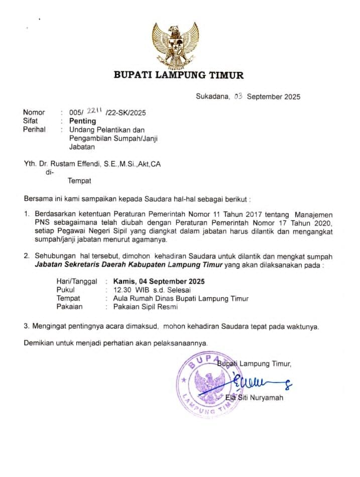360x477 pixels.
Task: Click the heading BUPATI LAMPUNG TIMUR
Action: click(x=179, y=76)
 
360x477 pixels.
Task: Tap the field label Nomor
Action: click(x=34, y=112)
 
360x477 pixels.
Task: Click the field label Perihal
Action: click(x=35, y=130)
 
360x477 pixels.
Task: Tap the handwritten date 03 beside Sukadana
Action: click(x=238, y=96)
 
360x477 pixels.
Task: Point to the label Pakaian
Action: click(x=70, y=306)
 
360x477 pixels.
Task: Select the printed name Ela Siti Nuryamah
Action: click(x=254, y=398)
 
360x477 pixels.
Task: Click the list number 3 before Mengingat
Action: click(x=27, y=326)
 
